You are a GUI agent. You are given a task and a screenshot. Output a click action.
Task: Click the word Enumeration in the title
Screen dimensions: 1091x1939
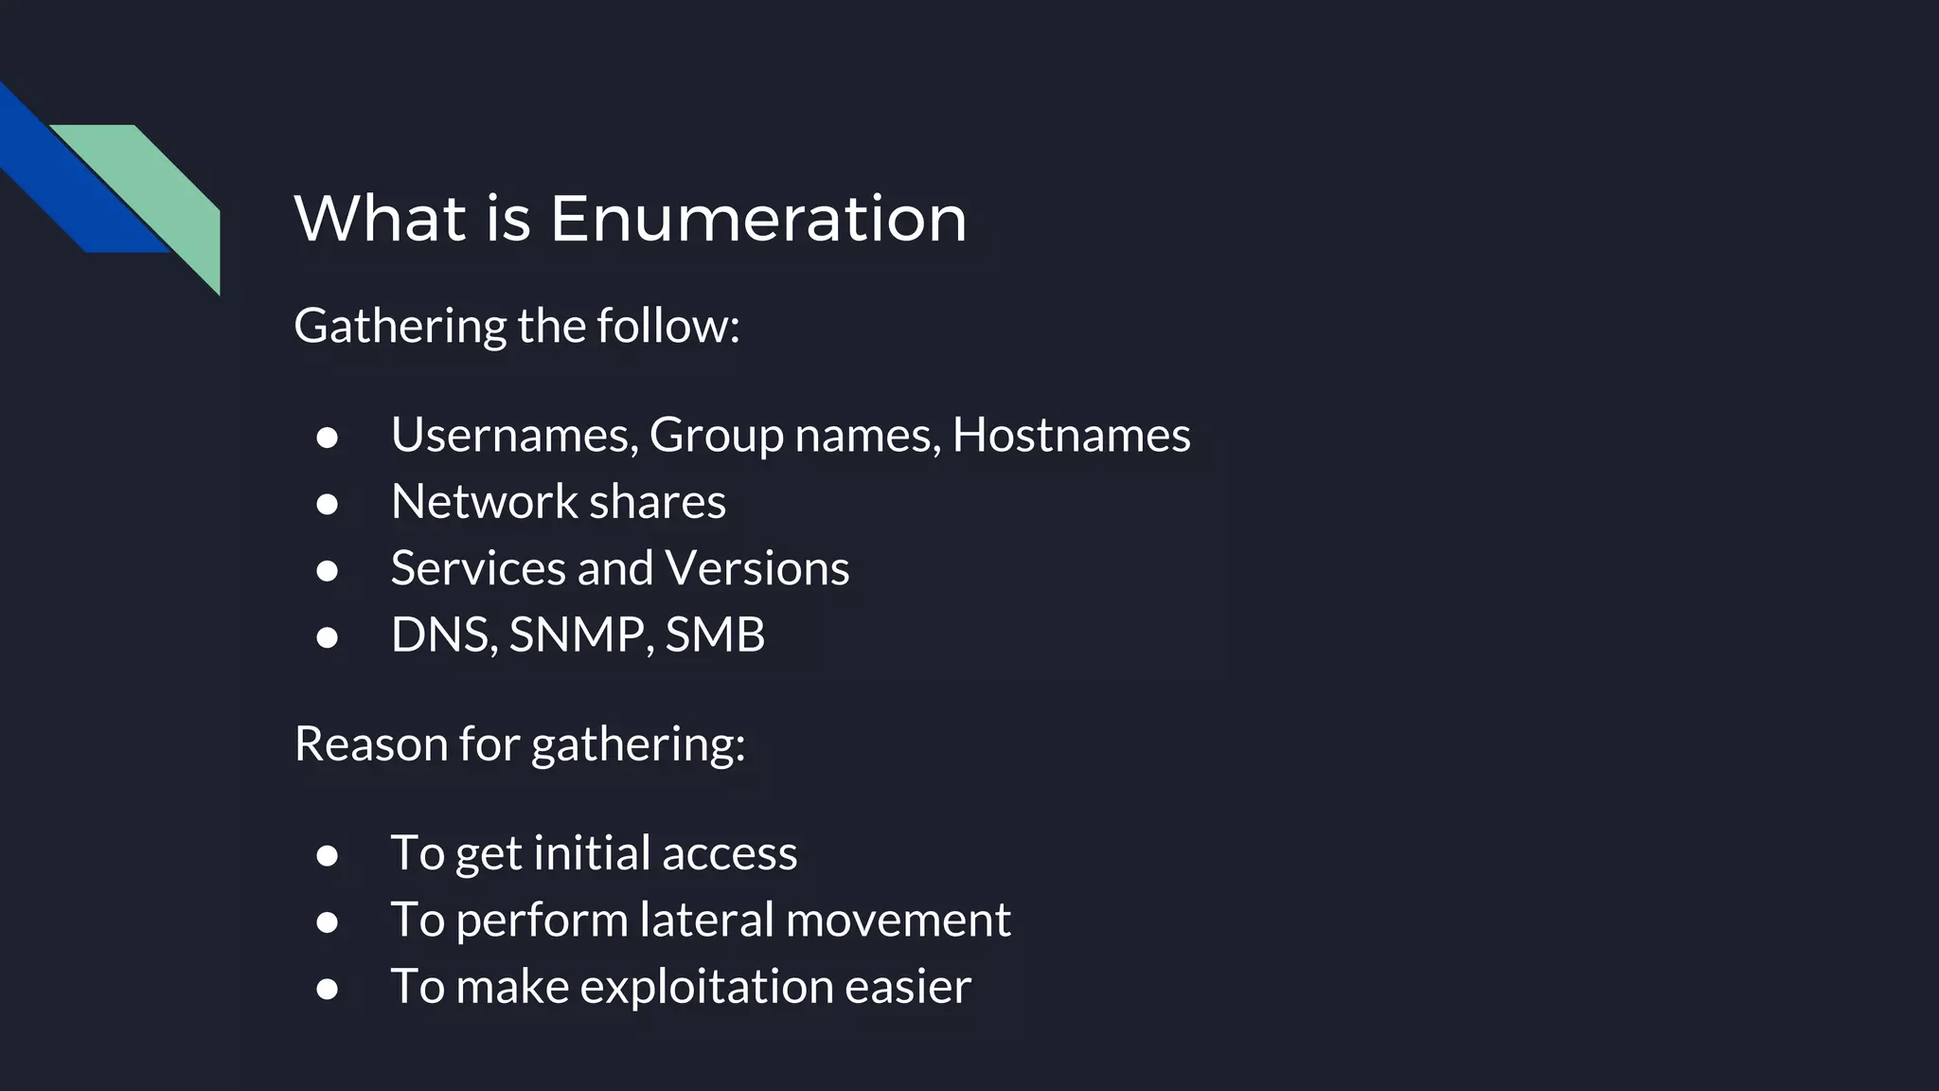(x=757, y=218)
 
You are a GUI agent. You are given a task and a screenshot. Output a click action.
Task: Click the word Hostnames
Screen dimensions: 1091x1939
(x=1071, y=436)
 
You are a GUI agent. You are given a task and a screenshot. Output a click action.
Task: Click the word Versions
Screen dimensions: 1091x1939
(x=756, y=568)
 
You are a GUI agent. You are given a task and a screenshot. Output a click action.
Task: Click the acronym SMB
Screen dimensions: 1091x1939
(x=715, y=635)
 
